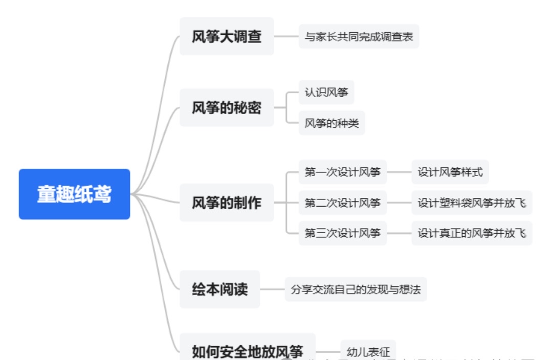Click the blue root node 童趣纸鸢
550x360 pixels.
click(x=74, y=194)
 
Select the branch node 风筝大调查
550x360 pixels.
click(x=227, y=36)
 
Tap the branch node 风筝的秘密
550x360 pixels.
click(x=227, y=107)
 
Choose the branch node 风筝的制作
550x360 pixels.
click(x=227, y=203)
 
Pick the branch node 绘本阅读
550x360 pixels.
click(x=219, y=289)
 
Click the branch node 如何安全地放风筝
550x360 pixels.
click(x=247, y=351)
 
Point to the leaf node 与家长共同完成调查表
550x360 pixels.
click(x=359, y=36)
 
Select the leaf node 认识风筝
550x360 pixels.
click(x=326, y=93)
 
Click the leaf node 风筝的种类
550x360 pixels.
click(x=332, y=123)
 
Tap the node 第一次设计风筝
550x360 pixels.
click(x=342, y=172)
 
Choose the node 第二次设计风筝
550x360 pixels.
click(x=342, y=203)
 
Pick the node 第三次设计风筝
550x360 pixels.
click(x=342, y=233)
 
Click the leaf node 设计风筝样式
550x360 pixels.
click(x=450, y=172)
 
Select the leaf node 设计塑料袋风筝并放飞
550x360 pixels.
click(x=471, y=203)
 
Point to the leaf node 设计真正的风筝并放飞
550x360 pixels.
click(x=471, y=233)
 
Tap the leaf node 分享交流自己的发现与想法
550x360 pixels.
click(x=356, y=289)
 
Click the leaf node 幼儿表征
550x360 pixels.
click(x=368, y=351)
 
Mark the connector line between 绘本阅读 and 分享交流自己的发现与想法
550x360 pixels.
click(x=272, y=289)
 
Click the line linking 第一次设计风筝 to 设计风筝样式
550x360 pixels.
click(x=399, y=172)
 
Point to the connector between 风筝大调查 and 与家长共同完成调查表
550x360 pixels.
click(x=287, y=36)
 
